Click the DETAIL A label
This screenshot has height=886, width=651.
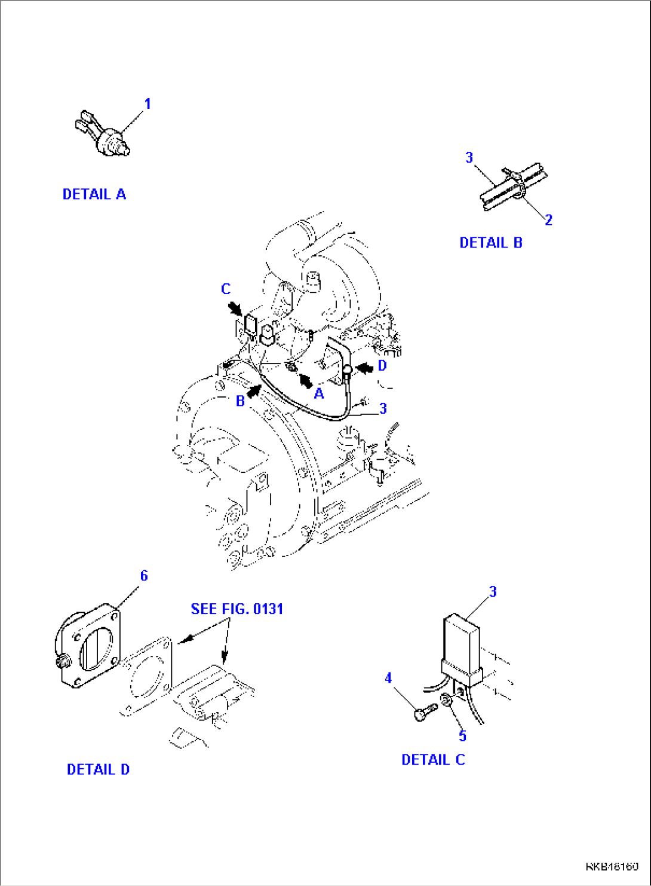click(x=94, y=194)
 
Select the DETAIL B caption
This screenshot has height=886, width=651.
click(x=490, y=243)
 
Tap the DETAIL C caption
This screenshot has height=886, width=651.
click(x=432, y=760)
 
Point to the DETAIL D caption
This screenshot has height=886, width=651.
click(x=98, y=769)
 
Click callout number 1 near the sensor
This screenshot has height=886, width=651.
click(x=148, y=104)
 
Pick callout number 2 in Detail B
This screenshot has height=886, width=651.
click(x=548, y=220)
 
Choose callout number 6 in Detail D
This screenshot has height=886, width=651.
click(x=144, y=576)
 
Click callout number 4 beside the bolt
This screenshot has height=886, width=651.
click(x=388, y=678)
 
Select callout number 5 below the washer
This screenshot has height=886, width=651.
click(x=462, y=736)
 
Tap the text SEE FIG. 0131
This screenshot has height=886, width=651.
click(x=237, y=609)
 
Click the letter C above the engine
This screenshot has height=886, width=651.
click(x=226, y=289)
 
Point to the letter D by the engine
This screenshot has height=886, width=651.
click(x=382, y=365)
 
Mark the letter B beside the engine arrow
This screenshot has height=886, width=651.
click(x=240, y=401)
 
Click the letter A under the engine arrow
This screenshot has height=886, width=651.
click(x=319, y=393)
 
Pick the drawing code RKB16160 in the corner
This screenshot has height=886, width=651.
click(x=612, y=866)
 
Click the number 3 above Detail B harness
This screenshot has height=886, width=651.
click(x=469, y=157)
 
